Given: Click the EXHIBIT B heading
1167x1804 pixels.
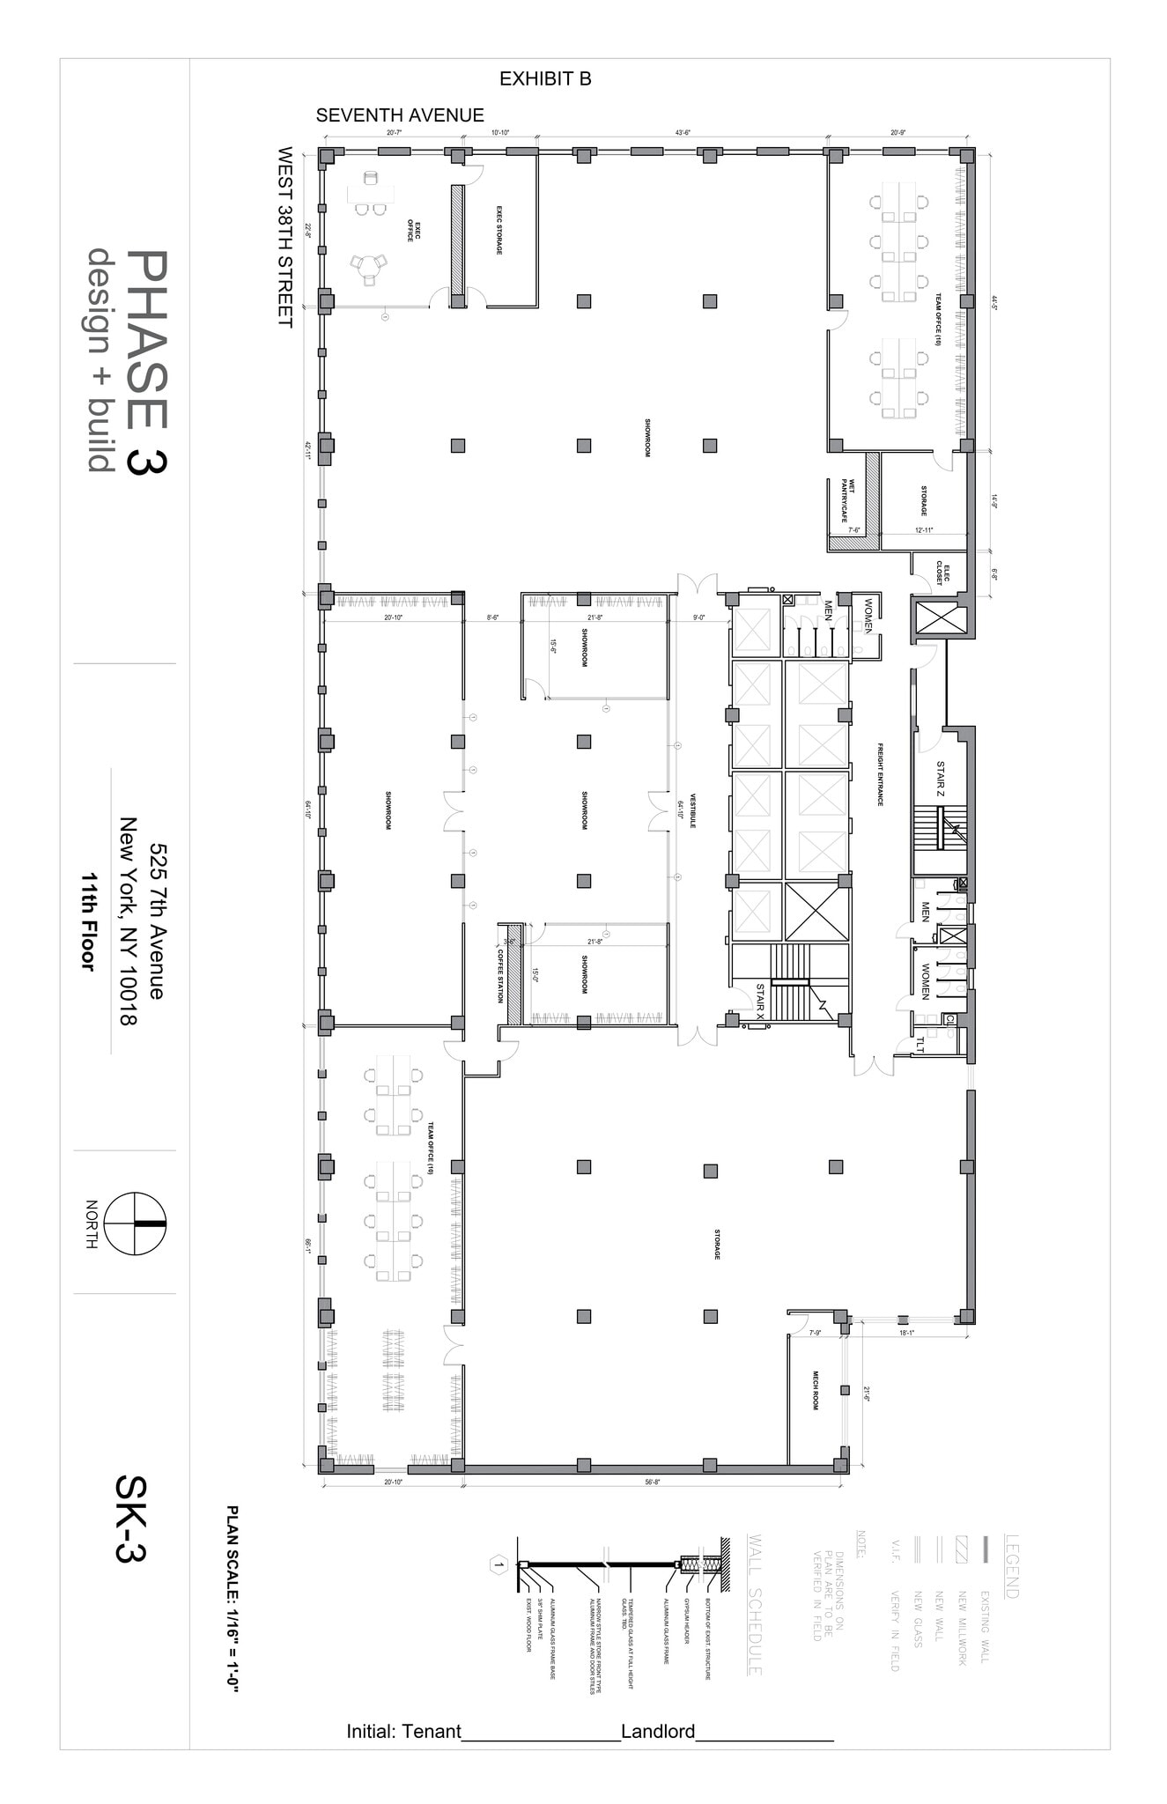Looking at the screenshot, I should pyautogui.click(x=545, y=79).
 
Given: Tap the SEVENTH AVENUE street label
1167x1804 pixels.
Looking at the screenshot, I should pyautogui.click(x=400, y=115).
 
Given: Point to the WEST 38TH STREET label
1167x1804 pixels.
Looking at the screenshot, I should pyautogui.click(x=284, y=237).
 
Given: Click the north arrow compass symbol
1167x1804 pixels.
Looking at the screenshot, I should pyautogui.click(x=135, y=1224).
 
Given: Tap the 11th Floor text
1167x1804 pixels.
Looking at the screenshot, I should pyautogui.click(x=87, y=921).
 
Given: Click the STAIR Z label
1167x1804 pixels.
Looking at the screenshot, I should pyautogui.click(x=940, y=780).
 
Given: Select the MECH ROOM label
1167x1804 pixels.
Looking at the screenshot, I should pyautogui.click(x=816, y=1390).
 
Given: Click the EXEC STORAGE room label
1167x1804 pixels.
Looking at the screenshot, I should pyautogui.click(x=499, y=231).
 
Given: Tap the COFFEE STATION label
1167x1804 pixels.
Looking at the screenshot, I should pyautogui.click(x=499, y=975).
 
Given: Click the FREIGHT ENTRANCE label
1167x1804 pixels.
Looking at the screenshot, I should pyautogui.click(x=879, y=774).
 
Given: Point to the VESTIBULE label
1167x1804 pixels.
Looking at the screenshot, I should pyautogui.click(x=693, y=810).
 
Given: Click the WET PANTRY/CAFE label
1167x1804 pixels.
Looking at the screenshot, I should pyautogui.click(x=846, y=500).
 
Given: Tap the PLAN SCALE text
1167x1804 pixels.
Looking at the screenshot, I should pyautogui.click(x=233, y=1598).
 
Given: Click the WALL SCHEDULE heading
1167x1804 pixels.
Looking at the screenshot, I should pyautogui.click(x=754, y=1604).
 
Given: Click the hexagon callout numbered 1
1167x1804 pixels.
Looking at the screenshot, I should pyautogui.click(x=499, y=1565).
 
